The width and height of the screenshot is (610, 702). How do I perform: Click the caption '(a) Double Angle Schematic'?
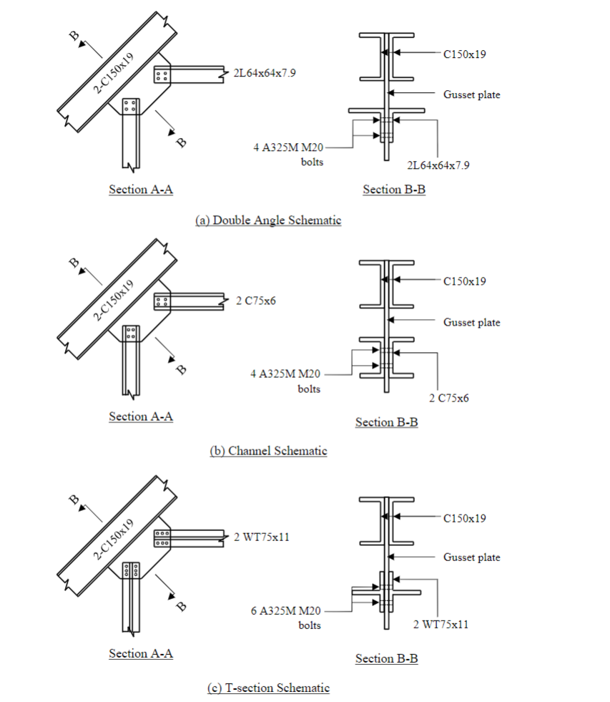pyautogui.click(x=268, y=220)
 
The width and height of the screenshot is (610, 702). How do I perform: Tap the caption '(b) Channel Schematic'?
pyautogui.click(x=268, y=451)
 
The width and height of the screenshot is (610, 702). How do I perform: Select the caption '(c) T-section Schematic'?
pyautogui.click(x=268, y=688)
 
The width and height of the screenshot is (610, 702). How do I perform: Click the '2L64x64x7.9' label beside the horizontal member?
pyautogui.click(x=265, y=73)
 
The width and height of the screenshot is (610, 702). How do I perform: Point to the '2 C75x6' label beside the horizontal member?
pyautogui.click(x=256, y=301)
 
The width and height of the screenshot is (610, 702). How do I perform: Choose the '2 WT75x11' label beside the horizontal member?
pyautogui.click(x=262, y=537)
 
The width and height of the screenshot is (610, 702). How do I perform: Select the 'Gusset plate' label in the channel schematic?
pyautogui.click(x=472, y=322)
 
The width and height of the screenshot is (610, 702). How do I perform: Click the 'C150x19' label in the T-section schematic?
pyautogui.click(x=465, y=518)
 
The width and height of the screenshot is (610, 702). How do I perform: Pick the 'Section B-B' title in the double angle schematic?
pyautogui.click(x=394, y=190)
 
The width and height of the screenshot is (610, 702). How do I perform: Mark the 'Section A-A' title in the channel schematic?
pyautogui.click(x=141, y=416)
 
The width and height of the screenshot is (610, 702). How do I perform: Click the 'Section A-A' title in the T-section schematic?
pyautogui.click(x=141, y=653)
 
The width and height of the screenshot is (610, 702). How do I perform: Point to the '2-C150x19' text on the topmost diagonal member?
pyautogui.click(x=113, y=73)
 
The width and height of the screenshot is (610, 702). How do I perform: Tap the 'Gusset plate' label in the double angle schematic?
pyautogui.click(x=472, y=94)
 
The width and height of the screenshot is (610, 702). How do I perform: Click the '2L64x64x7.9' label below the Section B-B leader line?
pyautogui.click(x=438, y=165)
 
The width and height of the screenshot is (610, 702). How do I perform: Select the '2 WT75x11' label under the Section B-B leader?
pyautogui.click(x=441, y=625)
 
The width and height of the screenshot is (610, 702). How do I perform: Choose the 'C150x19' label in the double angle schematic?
pyautogui.click(x=465, y=54)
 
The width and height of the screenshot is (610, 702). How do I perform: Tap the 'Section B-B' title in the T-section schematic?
pyautogui.click(x=387, y=658)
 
